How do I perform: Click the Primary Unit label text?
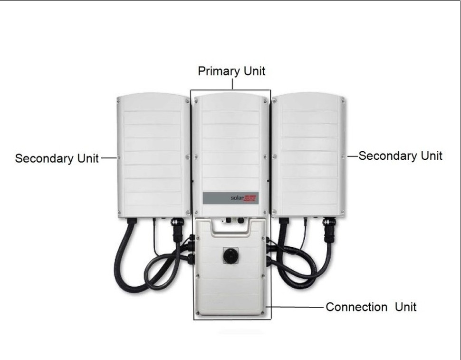[231, 71]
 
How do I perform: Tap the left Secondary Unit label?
[57, 158]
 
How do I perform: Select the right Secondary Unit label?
[400, 156]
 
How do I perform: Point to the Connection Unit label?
[371, 307]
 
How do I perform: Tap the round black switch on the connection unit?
[231, 255]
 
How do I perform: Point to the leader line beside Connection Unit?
[296, 307]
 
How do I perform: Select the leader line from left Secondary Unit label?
[109, 158]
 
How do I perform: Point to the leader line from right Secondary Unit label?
[352, 156]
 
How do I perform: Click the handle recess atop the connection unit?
[231, 229]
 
